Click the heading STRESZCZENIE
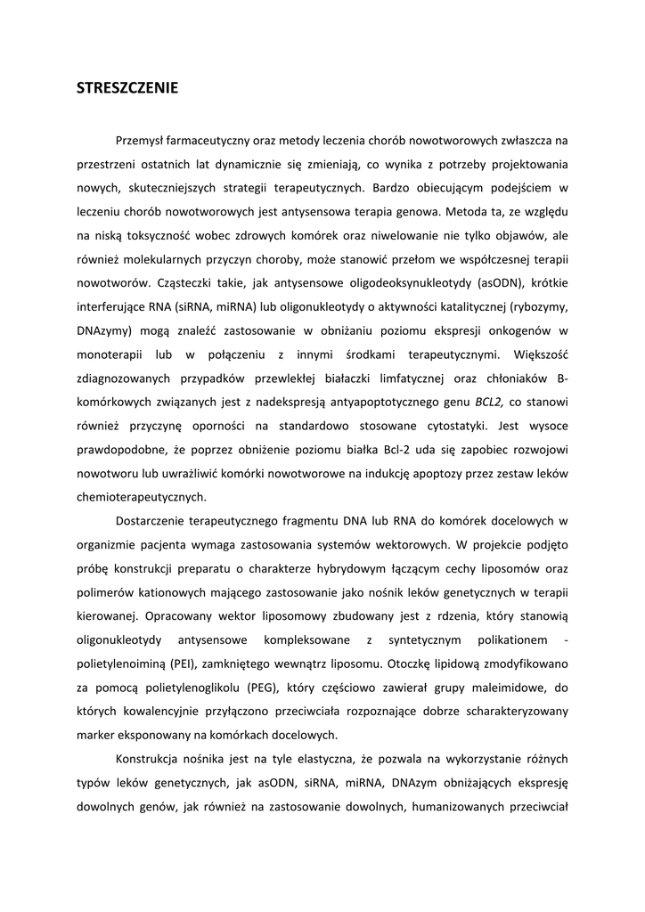coord(127,88)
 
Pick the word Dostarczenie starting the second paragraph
coord(153,521)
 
